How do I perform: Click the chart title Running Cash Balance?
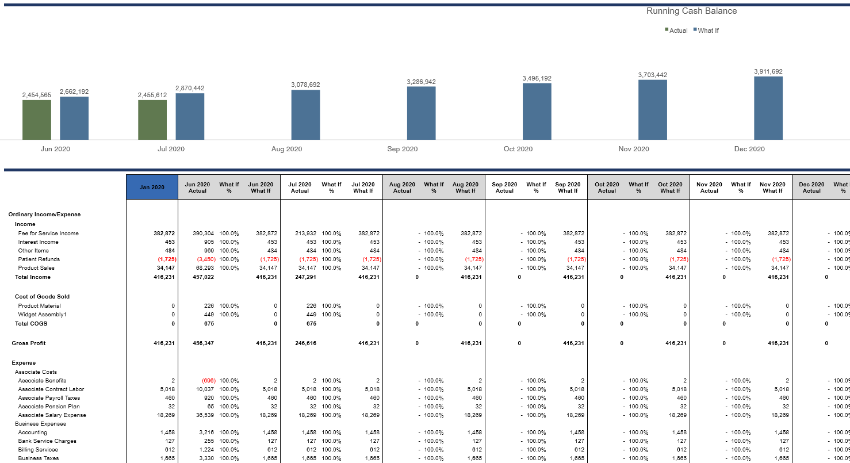691,11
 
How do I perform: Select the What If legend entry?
707,30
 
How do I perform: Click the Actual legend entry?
677,30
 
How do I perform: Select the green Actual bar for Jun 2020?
37,120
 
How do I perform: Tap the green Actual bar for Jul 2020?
152,120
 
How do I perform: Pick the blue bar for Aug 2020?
305,114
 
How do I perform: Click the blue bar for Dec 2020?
768,108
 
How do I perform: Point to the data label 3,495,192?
537,78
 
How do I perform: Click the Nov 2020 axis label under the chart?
634,149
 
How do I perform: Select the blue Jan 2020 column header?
152,188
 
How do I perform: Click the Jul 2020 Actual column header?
300,188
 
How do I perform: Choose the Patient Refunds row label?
39,259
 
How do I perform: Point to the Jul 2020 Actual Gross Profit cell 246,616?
305,343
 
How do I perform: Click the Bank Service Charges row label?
47,441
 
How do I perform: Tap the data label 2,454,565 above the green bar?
37,95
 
